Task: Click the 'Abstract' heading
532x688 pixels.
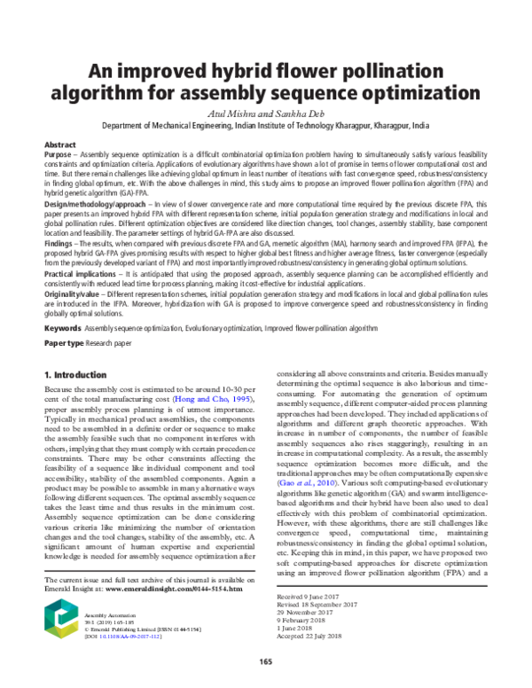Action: click(59, 144)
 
